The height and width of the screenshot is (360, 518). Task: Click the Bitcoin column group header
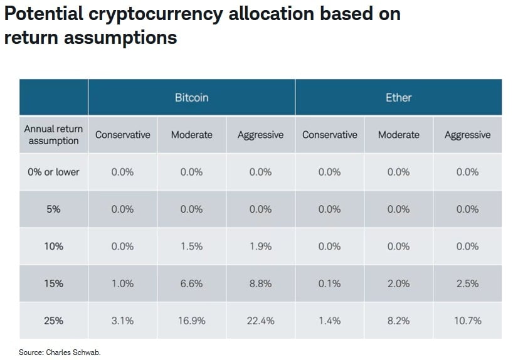point(191,97)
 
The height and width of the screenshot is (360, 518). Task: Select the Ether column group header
point(398,97)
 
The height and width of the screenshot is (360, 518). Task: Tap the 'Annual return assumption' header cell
point(53,134)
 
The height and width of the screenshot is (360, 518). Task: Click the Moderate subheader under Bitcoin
point(191,134)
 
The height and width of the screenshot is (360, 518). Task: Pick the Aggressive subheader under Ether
point(467,134)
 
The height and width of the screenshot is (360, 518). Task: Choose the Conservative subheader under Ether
point(329,134)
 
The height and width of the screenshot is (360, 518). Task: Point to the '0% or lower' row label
point(53,172)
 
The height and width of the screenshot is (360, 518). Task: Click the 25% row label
point(53,320)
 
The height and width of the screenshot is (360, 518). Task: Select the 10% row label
point(53,246)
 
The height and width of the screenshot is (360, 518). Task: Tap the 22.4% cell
point(260,320)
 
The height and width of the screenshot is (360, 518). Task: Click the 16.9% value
point(191,320)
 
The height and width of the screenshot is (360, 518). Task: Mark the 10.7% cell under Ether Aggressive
point(467,320)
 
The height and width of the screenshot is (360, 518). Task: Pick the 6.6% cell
point(191,283)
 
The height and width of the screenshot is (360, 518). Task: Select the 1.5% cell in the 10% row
point(191,246)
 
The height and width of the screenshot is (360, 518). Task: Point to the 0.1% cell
point(329,283)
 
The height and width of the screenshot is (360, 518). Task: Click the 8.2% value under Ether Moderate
point(398,320)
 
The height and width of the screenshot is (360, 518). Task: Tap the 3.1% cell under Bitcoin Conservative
point(122,320)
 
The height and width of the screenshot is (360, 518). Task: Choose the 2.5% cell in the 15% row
point(467,283)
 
